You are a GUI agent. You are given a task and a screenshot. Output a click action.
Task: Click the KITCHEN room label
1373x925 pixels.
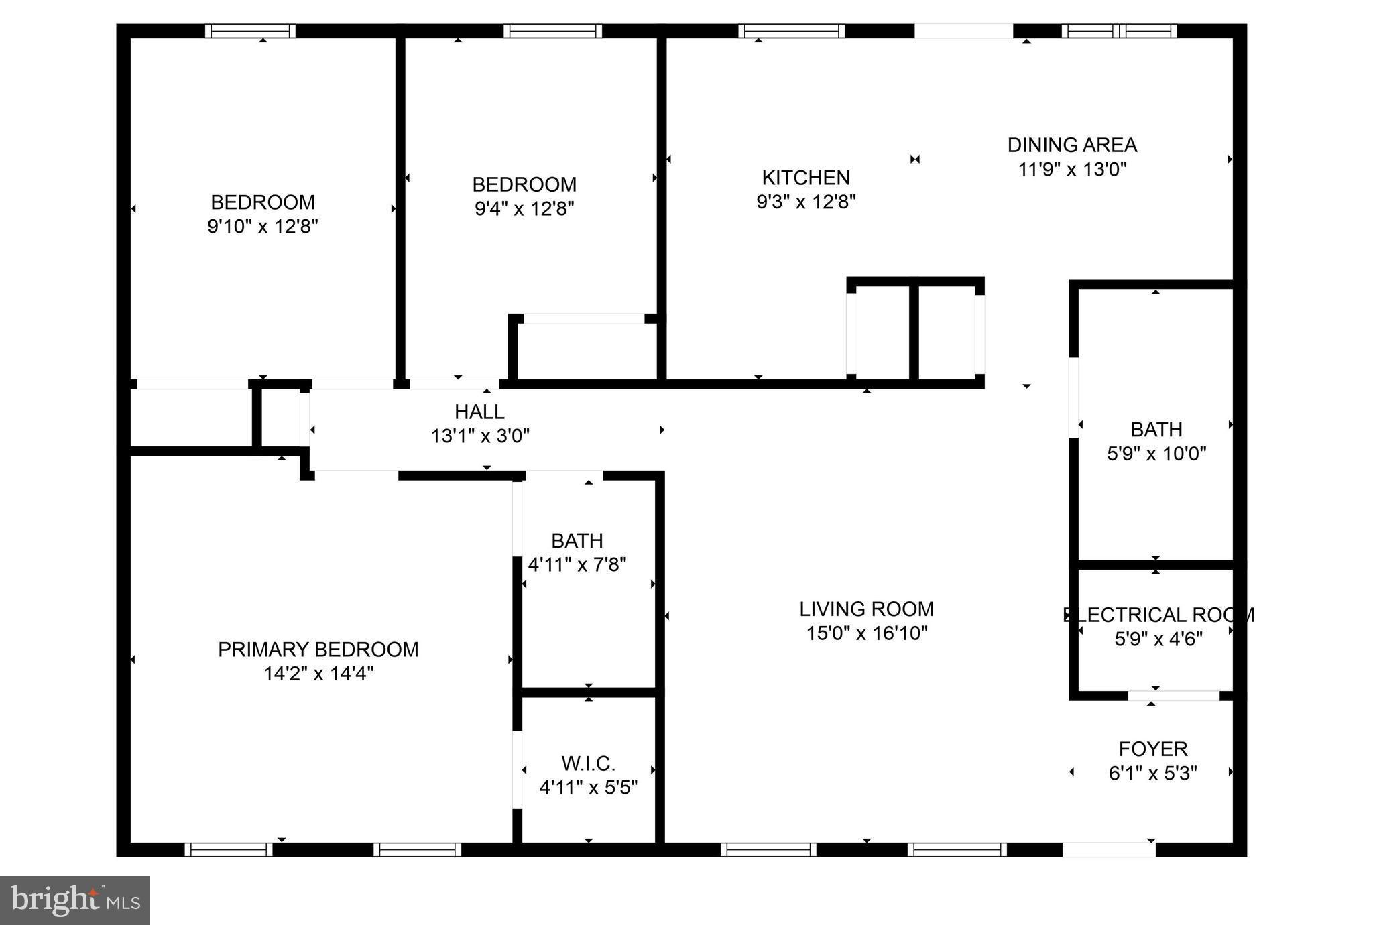click(806, 178)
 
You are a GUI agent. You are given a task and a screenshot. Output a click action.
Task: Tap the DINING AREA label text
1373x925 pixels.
click(1072, 145)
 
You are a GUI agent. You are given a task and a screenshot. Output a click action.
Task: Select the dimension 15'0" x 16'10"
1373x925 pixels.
click(866, 633)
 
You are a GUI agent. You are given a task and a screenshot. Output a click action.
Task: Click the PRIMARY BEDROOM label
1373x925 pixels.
click(318, 650)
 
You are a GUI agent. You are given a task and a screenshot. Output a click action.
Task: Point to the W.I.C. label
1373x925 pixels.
click(588, 763)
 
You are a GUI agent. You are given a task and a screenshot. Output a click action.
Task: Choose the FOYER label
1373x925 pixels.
click(1153, 749)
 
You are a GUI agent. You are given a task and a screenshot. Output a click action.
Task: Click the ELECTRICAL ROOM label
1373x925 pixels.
click(1158, 615)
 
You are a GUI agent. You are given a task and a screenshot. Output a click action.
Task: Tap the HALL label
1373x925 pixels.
click(479, 412)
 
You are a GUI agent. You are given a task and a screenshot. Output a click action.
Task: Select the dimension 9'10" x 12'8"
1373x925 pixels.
click(262, 227)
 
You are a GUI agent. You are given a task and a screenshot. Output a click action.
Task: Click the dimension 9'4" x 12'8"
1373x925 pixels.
click(524, 209)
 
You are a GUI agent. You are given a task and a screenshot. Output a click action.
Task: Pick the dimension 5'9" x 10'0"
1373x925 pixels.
click(1156, 454)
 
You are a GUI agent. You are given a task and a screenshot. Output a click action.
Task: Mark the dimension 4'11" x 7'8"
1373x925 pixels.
click(577, 565)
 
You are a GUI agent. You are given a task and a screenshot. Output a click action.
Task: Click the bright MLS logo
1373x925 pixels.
click(75, 900)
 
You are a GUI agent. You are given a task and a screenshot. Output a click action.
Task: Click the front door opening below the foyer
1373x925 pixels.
click(1109, 849)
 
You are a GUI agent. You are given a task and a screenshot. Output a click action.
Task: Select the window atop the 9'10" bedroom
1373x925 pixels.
click(250, 31)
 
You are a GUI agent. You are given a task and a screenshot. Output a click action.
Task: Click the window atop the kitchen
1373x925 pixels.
click(791, 31)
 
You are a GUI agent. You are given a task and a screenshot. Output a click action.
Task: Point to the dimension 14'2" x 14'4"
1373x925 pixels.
click(318, 674)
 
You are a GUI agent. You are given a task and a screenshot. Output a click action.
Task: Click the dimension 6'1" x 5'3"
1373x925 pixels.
click(1153, 774)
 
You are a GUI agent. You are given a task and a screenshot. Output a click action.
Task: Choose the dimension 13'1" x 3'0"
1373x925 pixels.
click(479, 436)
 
